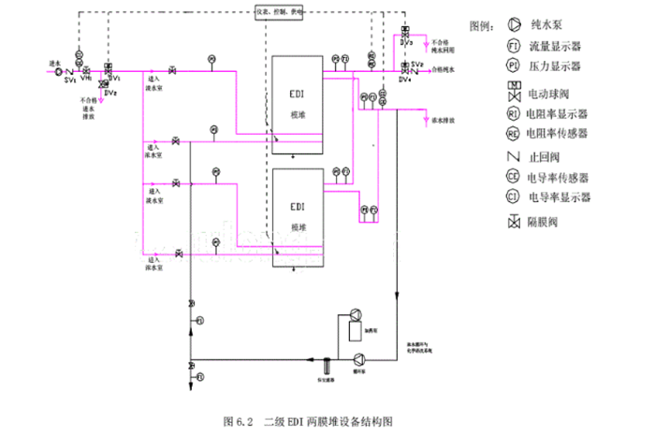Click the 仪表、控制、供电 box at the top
[x=269, y=13]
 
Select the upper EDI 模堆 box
[x=298, y=103]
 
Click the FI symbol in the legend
[x=514, y=45]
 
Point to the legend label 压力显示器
[x=557, y=66]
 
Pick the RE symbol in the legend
[x=514, y=134]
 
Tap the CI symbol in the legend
[x=514, y=198]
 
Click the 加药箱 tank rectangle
[x=354, y=330]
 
